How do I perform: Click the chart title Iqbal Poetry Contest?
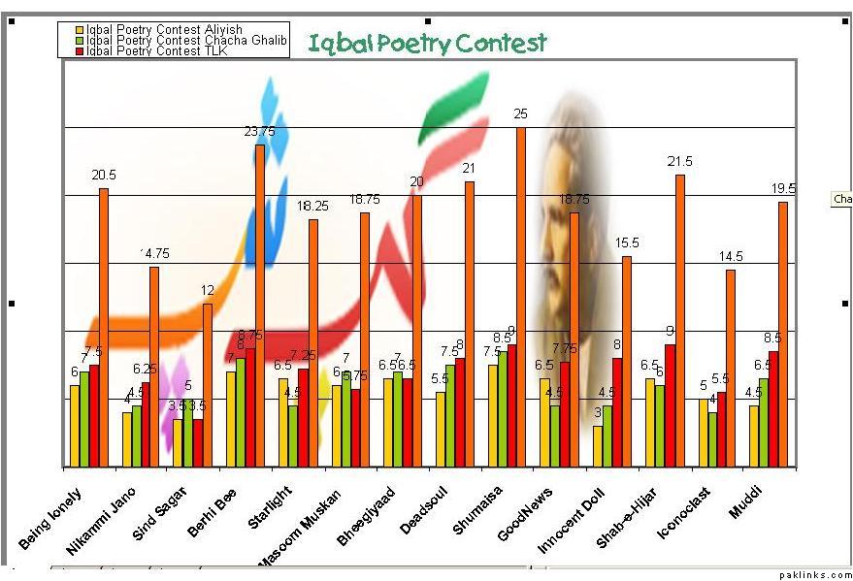(x=427, y=43)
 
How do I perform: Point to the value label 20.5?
(x=103, y=176)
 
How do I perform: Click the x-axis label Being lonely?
(x=50, y=519)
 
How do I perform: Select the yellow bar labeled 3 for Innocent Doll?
(x=598, y=447)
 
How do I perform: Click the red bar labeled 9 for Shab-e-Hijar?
(x=670, y=406)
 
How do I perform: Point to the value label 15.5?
(x=626, y=243)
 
